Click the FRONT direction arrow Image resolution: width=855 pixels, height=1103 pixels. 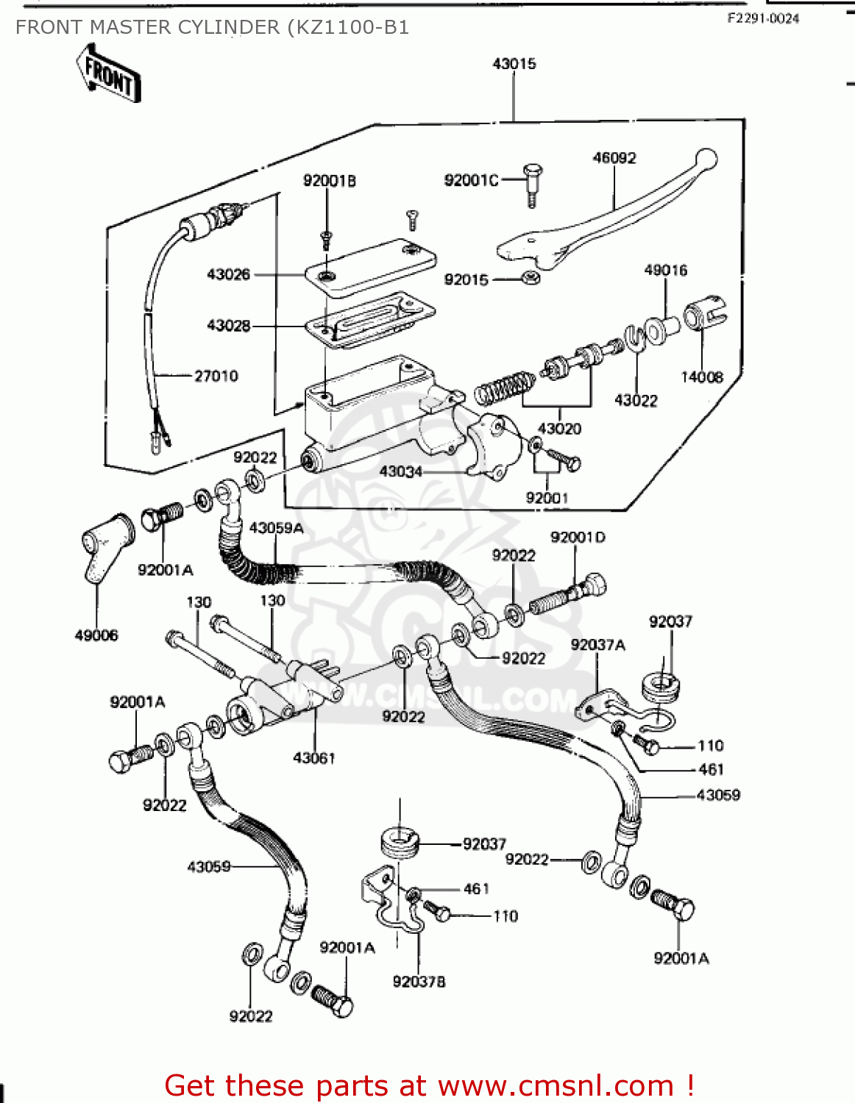coord(108,74)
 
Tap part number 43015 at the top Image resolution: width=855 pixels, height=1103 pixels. coord(514,64)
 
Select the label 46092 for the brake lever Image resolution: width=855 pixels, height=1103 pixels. coord(614,157)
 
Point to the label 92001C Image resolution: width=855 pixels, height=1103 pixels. coord(471,180)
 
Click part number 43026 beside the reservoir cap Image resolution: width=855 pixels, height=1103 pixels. coord(228,274)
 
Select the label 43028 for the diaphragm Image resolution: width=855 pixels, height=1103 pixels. coord(228,325)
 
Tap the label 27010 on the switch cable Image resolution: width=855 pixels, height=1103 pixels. coord(216,376)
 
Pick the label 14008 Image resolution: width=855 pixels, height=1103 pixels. coord(701,377)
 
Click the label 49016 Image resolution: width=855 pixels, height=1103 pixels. coord(665,270)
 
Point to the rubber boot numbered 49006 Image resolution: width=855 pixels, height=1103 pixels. coord(103,548)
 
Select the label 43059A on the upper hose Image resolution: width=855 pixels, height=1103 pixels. coord(276,528)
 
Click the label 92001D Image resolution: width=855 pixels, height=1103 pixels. coord(578,538)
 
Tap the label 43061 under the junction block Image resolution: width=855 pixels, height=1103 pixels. coord(313,757)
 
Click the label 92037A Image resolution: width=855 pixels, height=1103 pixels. coord(597,645)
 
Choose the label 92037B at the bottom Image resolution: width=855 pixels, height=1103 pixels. coord(419,982)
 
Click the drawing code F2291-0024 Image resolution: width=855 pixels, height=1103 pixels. coord(763,18)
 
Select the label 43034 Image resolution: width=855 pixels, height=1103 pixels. coord(400,471)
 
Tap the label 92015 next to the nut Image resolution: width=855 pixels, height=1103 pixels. coord(466,279)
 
